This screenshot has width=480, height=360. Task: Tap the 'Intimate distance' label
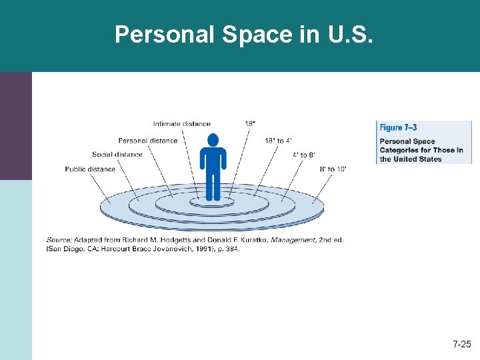coord(181,124)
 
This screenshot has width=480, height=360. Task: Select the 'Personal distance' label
coord(148,141)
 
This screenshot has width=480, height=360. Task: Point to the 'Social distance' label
coord(117,155)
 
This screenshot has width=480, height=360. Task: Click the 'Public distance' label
coord(90,169)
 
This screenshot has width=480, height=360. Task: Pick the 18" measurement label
coord(250,124)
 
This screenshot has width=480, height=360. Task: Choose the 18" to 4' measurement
coord(279,141)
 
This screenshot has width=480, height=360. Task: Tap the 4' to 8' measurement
coord(304,155)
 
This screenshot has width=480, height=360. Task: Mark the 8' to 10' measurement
coord(333,169)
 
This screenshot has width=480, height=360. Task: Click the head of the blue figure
coord(213,140)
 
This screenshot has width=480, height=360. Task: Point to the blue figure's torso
coord(213,160)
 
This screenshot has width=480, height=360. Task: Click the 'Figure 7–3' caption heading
coord(399,127)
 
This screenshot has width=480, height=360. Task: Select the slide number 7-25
coord(462,345)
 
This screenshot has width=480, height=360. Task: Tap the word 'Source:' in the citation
coord(59,240)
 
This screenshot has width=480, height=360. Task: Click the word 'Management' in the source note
coord(292,240)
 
